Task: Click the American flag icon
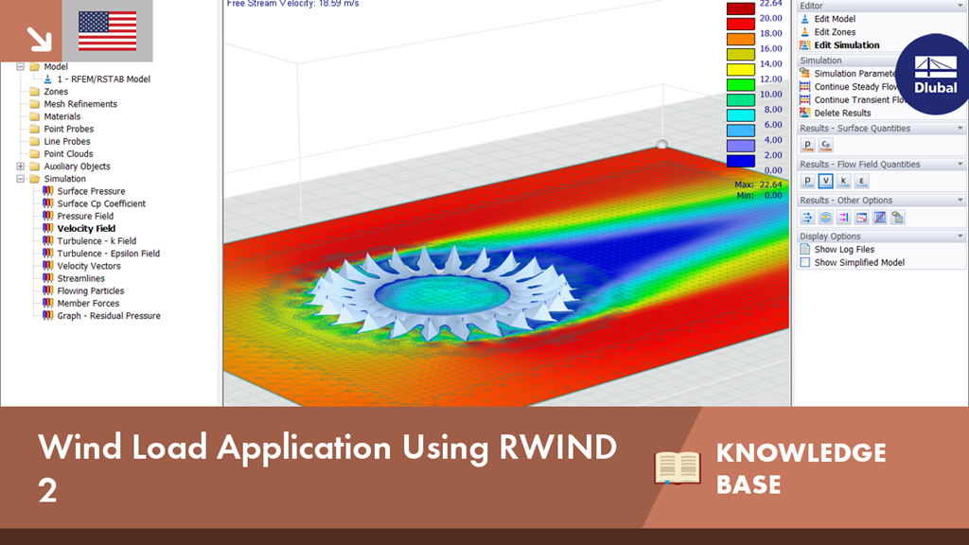point(108,31)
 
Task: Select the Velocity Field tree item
point(86,229)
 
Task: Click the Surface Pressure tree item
point(91,191)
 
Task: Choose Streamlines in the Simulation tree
point(81,279)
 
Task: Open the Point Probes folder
point(68,129)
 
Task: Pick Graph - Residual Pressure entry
point(109,316)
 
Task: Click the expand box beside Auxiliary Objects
point(21,167)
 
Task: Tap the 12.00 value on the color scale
point(770,79)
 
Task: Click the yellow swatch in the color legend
point(740,69)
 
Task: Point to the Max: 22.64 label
point(758,185)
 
